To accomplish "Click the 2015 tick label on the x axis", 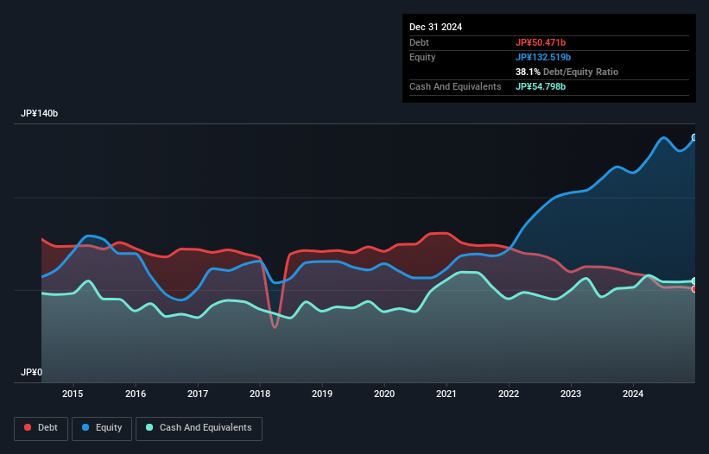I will [73, 394].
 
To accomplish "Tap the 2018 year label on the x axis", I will [260, 394].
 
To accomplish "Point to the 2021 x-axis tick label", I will [446, 394].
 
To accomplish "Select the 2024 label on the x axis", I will [633, 394].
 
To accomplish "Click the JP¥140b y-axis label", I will [40, 114].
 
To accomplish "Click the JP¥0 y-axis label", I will [32, 373].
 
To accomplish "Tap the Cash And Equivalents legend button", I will [199, 427].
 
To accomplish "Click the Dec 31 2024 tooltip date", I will [435, 27].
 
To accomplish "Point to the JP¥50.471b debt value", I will [541, 42].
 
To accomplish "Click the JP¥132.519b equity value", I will [543, 57].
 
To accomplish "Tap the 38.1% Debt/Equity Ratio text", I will [567, 72].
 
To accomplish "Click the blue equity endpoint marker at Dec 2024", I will [694, 137].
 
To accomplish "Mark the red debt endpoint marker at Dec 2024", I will [694, 289].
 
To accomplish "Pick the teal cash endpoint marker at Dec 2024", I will [694, 281].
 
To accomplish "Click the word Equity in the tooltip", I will [422, 57].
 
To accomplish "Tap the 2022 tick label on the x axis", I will [509, 394].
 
